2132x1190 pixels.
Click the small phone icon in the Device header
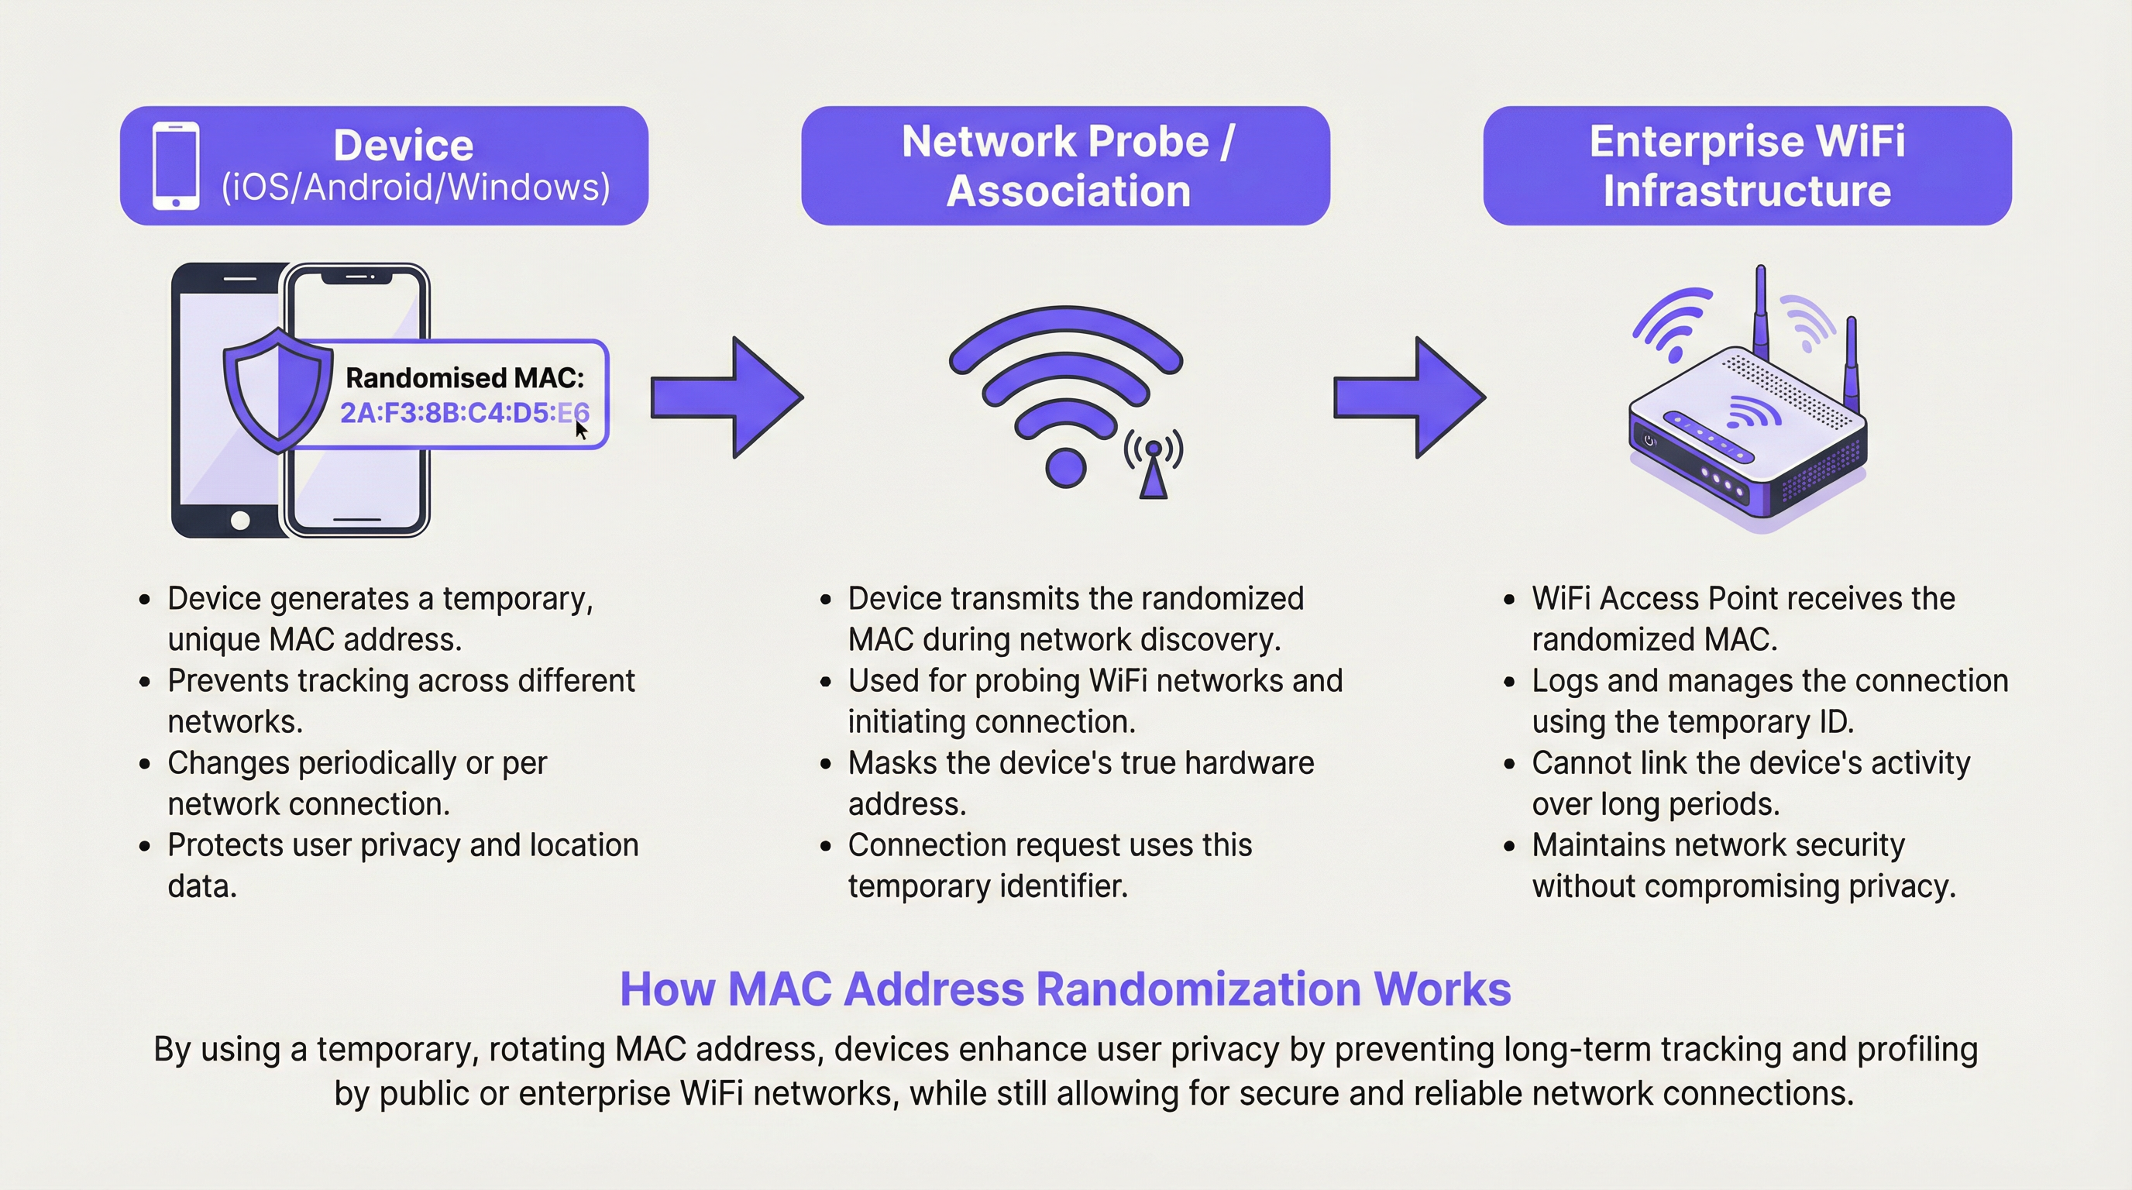(x=175, y=166)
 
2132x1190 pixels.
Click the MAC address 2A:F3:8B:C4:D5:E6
(x=463, y=412)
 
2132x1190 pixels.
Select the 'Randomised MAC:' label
(x=464, y=377)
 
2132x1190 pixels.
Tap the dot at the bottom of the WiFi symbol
(x=1065, y=468)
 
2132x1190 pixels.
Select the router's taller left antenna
(x=1760, y=315)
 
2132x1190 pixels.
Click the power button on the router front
(x=1649, y=440)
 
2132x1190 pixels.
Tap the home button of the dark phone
(x=240, y=521)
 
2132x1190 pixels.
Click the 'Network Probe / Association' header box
(x=1065, y=166)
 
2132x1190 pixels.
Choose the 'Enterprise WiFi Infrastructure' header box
(x=1746, y=166)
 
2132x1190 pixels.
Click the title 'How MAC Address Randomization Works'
(x=1065, y=988)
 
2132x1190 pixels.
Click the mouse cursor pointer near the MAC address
(x=581, y=432)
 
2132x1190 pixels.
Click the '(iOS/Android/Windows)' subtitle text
(x=415, y=187)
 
